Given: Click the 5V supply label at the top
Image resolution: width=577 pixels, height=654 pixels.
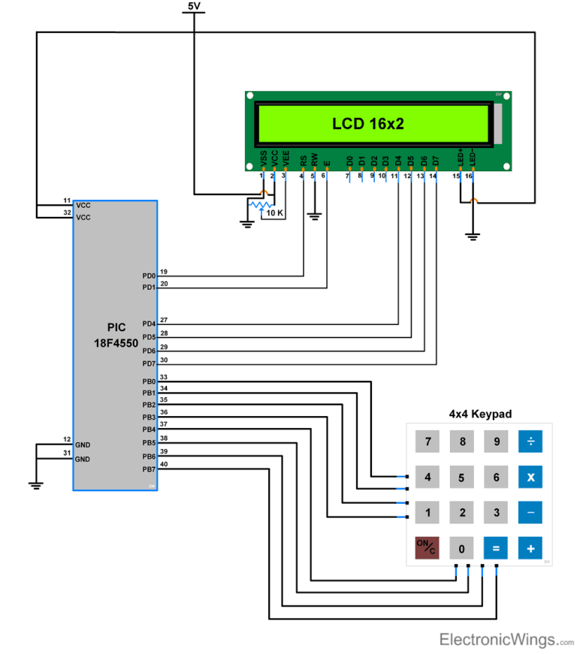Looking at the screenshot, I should [194, 6].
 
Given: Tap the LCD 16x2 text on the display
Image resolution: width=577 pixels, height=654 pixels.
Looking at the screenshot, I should [368, 124].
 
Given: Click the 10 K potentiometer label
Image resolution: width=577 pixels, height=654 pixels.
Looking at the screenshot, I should [274, 213].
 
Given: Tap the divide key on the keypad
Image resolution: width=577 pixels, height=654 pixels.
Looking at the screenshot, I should [530, 442].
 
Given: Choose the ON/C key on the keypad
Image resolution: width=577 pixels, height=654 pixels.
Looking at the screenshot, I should [427, 548].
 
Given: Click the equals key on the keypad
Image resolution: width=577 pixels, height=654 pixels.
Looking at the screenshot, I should [496, 548].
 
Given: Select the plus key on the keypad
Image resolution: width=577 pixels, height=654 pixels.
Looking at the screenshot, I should [530, 548].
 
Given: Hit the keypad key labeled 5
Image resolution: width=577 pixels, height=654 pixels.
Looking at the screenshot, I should [462, 477].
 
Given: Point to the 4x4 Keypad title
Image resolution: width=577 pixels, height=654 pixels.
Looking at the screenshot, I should [480, 414].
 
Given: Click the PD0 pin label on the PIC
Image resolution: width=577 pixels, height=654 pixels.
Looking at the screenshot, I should [149, 276].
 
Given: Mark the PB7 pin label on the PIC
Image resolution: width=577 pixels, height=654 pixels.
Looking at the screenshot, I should [149, 469].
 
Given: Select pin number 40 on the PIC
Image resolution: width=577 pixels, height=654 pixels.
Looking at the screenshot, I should [165, 464].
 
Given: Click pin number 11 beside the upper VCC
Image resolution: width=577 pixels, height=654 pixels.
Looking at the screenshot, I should [67, 200].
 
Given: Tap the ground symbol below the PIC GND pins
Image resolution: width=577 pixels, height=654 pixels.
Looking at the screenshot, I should [35, 485].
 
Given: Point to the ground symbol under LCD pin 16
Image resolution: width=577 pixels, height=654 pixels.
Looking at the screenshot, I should [473, 237].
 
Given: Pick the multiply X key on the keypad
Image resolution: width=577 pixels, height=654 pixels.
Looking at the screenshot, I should [530, 477].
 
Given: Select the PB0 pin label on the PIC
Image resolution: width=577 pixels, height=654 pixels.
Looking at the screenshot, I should [149, 381].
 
